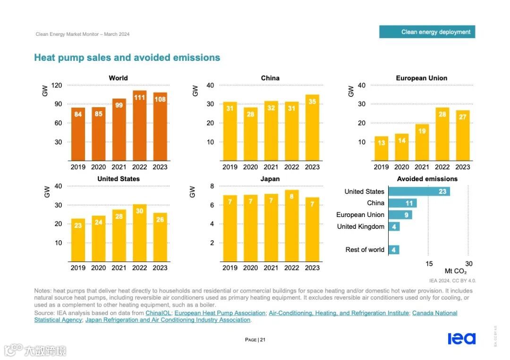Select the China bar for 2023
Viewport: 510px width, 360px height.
click(x=312, y=128)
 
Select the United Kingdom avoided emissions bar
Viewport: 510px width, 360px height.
click(x=394, y=226)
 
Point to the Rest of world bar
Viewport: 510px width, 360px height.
click(x=394, y=250)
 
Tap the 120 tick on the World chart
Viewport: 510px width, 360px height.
click(x=57, y=85)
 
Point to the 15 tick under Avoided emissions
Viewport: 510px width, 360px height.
click(x=429, y=264)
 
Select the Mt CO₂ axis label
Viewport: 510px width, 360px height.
click(x=456, y=271)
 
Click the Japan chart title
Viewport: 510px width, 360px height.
click(x=270, y=179)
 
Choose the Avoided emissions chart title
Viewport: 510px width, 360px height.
click(x=427, y=179)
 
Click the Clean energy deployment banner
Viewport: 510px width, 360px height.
click(x=427, y=32)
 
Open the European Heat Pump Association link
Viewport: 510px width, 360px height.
click(x=220, y=313)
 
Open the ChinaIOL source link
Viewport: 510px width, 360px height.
click(x=158, y=313)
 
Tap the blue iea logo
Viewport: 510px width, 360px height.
click(x=461, y=338)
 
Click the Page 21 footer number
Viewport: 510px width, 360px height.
click(x=255, y=340)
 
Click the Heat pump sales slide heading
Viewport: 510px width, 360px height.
click(x=127, y=58)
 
